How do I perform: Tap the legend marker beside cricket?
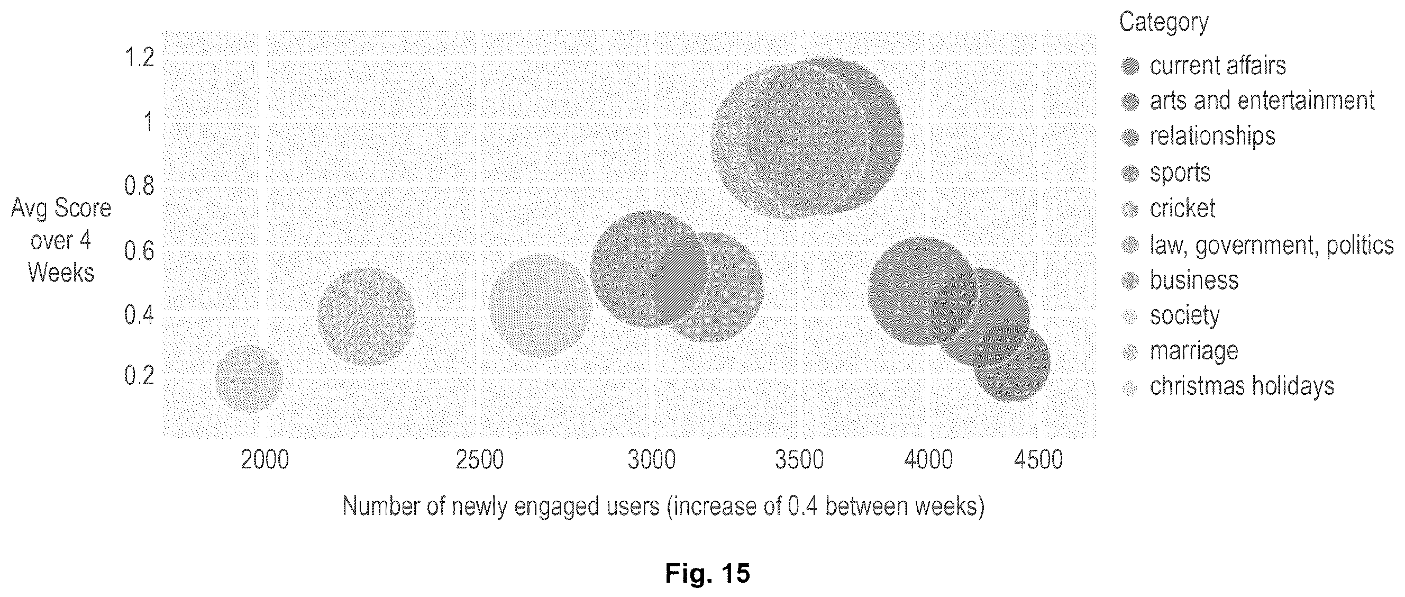[1130, 209]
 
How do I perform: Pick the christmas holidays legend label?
[1242, 386]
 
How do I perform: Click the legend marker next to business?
[1130, 281]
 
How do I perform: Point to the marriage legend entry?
[1194, 350]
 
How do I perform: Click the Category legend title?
[1164, 22]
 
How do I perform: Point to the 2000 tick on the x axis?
[264, 460]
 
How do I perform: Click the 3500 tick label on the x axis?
[800, 460]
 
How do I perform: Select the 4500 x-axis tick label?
[1038, 460]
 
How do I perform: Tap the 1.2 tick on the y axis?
[140, 57]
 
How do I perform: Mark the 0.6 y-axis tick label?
[140, 251]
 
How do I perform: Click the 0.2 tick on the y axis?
[140, 375]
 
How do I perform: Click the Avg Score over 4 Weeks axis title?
[61, 240]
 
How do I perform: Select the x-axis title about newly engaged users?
[663, 506]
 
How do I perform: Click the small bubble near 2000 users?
[248, 379]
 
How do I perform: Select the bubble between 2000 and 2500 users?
[367, 316]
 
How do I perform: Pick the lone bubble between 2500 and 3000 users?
[540, 305]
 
